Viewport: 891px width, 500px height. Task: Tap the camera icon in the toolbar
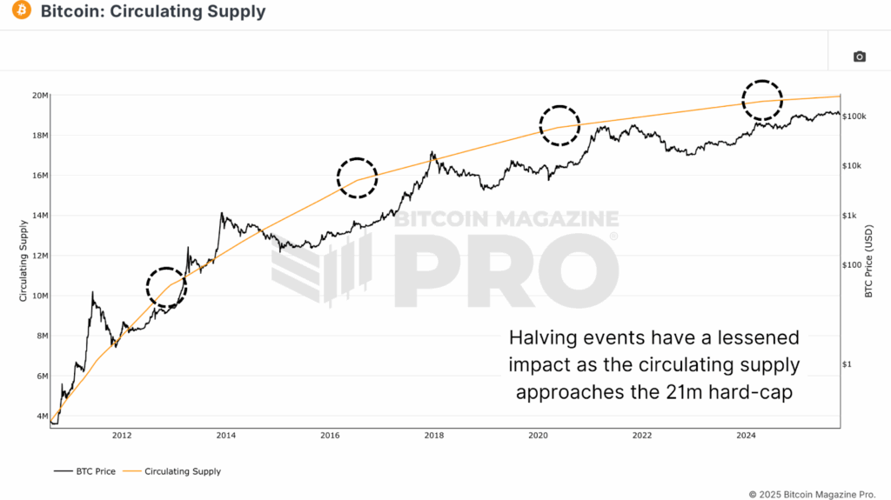[859, 57]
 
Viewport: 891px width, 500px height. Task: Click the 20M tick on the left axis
[38, 96]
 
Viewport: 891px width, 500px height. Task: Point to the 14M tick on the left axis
[38, 216]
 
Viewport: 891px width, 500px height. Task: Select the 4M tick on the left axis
[40, 417]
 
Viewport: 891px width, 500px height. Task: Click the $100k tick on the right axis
[854, 117]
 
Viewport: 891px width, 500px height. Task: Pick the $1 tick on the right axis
[849, 365]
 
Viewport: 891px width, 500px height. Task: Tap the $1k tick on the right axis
[851, 216]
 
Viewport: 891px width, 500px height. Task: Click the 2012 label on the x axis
[122, 436]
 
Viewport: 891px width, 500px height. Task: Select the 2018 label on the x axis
[433, 436]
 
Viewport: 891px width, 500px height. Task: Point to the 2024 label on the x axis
[746, 436]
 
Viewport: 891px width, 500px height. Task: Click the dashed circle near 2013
[166, 286]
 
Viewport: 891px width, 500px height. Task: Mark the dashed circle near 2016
[358, 177]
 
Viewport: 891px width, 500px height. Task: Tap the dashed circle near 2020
[559, 125]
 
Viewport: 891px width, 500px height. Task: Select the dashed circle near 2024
[761, 97]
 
